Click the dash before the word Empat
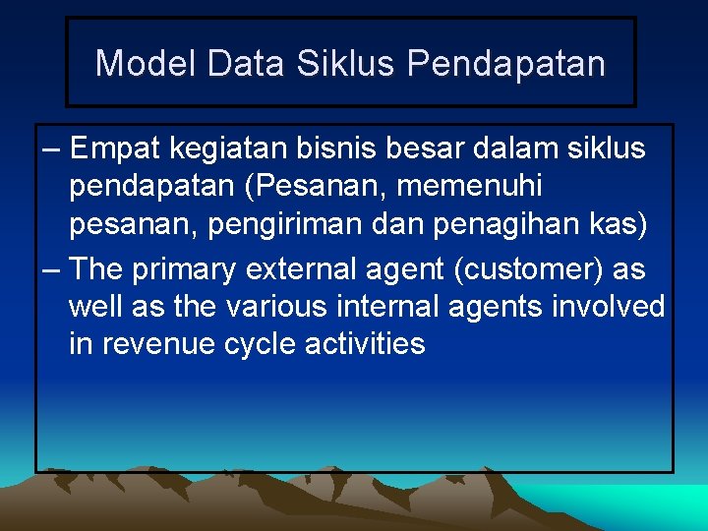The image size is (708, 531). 52,149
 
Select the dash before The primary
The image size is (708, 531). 52,267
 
